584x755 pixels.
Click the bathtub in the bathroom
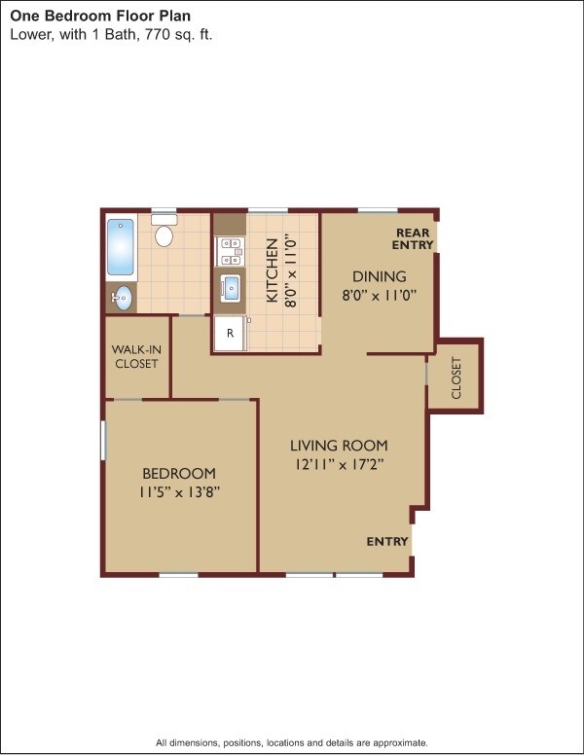(x=120, y=247)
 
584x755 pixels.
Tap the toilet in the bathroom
(x=164, y=234)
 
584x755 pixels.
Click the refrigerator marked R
(x=230, y=333)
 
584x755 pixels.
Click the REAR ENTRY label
(x=414, y=238)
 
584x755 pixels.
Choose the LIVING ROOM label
(x=339, y=446)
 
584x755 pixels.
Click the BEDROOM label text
(x=178, y=474)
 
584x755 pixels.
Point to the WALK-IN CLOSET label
(x=136, y=356)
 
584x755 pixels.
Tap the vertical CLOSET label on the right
(x=456, y=378)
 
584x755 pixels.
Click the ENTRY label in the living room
(x=386, y=542)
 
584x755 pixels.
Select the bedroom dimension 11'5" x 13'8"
(x=179, y=492)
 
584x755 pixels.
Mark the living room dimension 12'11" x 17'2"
(x=339, y=464)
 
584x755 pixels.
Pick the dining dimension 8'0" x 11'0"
(x=379, y=295)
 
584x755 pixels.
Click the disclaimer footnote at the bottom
(x=292, y=742)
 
